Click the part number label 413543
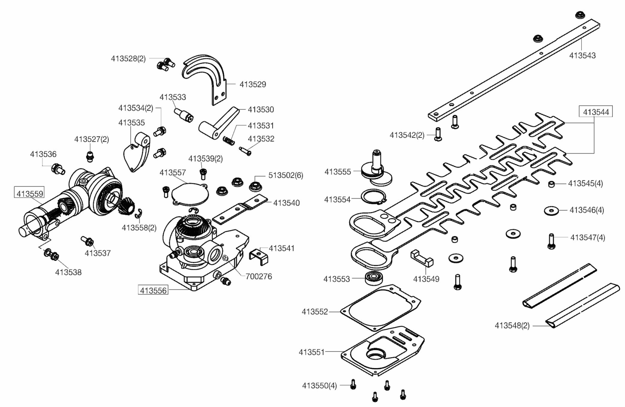pos(582,55)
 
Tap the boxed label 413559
pos(30,193)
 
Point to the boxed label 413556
pos(153,290)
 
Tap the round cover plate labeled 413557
pos(189,194)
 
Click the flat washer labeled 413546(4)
pos(551,211)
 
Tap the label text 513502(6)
pos(286,175)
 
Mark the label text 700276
pos(259,277)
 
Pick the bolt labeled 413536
pos(58,169)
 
